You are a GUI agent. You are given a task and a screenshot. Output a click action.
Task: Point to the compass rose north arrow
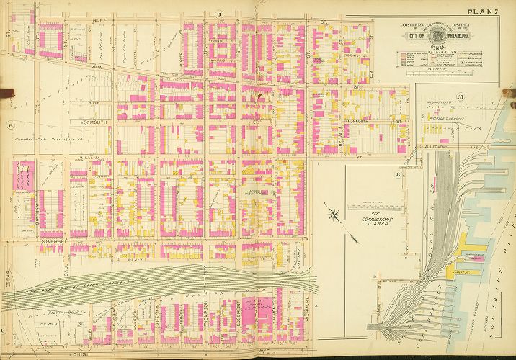(x=333, y=213)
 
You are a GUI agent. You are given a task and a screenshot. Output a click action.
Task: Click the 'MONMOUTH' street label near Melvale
(x=365, y=122)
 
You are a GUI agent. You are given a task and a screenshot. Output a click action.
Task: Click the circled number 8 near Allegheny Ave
(x=397, y=174)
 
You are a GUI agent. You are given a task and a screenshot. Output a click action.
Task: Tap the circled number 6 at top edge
(x=218, y=15)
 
